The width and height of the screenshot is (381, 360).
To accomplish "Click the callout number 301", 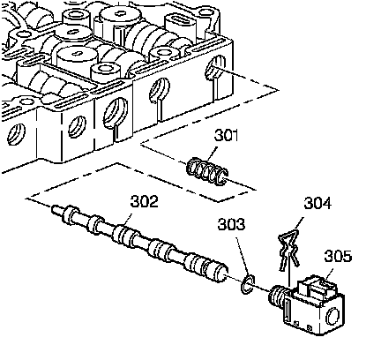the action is [x=226, y=136].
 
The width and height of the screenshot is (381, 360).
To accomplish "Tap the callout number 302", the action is [x=145, y=201].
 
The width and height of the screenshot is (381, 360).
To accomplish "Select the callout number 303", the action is [x=231, y=224].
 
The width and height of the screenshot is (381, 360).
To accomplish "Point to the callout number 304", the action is [x=317, y=203].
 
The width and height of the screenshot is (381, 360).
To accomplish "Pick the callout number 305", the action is [x=338, y=256].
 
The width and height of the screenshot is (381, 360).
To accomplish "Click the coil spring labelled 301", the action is [x=207, y=172].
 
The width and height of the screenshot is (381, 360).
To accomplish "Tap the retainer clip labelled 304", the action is [x=288, y=250].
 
